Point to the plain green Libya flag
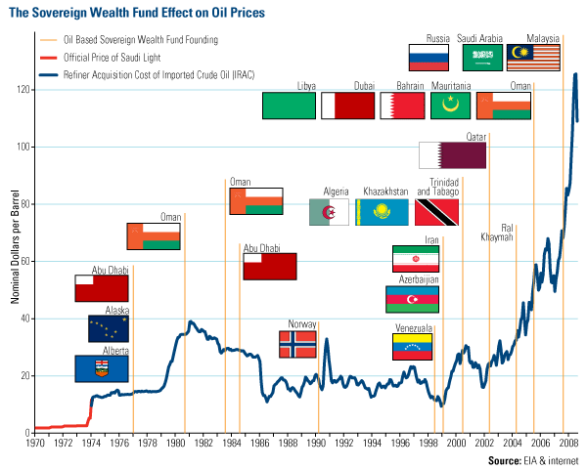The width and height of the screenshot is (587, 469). [289, 106]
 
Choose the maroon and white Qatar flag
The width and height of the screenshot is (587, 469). [452, 155]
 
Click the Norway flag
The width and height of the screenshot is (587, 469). [297, 344]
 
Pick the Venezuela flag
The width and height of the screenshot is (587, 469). [411, 346]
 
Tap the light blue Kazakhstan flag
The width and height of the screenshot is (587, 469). [382, 212]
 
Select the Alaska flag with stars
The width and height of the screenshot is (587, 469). [101, 328]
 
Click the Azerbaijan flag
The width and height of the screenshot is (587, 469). [412, 299]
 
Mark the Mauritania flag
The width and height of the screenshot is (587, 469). [451, 106]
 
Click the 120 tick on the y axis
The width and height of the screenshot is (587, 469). [23, 90]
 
